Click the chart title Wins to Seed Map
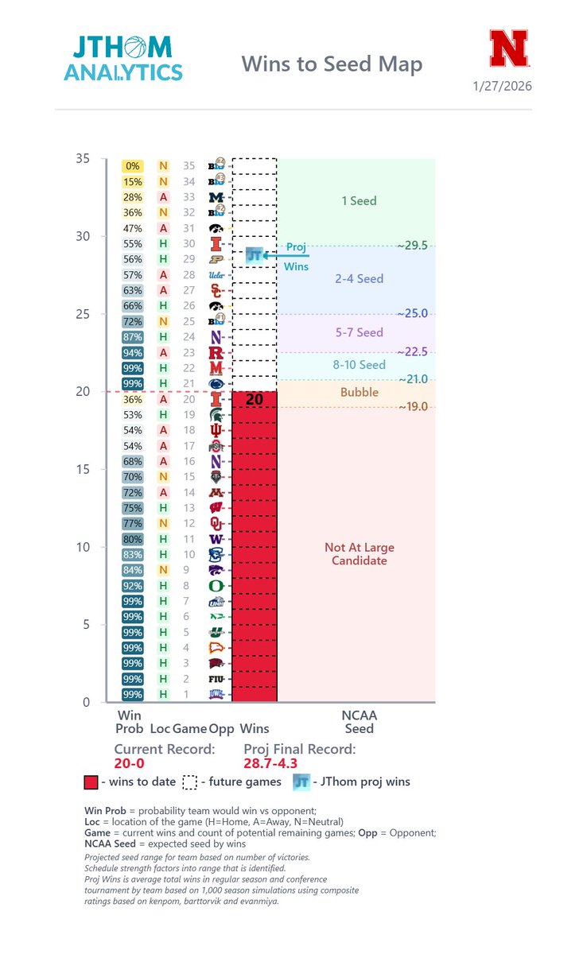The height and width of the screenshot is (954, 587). click(332, 63)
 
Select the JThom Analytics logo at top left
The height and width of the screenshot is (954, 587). click(122, 57)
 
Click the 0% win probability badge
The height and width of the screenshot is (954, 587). click(132, 166)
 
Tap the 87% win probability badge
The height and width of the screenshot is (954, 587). click(132, 337)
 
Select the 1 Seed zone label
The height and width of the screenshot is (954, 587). click(358, 201)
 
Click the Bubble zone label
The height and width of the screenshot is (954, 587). click(359, 392)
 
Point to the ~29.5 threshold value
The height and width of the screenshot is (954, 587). click(413, 246)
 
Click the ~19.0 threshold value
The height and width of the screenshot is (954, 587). click(413, 407)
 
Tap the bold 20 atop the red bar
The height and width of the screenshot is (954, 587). click(254, 400)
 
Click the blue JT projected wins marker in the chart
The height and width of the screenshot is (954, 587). click(254, 255)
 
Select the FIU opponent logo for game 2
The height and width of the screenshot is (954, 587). click(216, 679)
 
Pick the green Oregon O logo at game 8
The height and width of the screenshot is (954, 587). click(216, 586)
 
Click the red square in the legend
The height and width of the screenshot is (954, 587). click(91, 781)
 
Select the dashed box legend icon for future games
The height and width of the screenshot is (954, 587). click(189, 781)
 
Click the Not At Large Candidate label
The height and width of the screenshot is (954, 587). click(359, 554)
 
